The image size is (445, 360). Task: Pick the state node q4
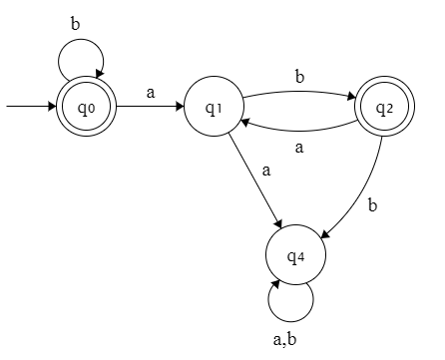(x=295, y=257)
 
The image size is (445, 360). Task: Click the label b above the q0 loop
(x=75, y=21)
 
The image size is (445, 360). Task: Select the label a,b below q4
(x=286, y=338)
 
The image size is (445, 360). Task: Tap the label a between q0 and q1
(x=151, y=92)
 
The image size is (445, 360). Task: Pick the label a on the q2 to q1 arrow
(x=299, y=146)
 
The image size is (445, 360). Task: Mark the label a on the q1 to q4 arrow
(x=266, y=171)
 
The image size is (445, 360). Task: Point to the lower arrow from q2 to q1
(x=299, y=130)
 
